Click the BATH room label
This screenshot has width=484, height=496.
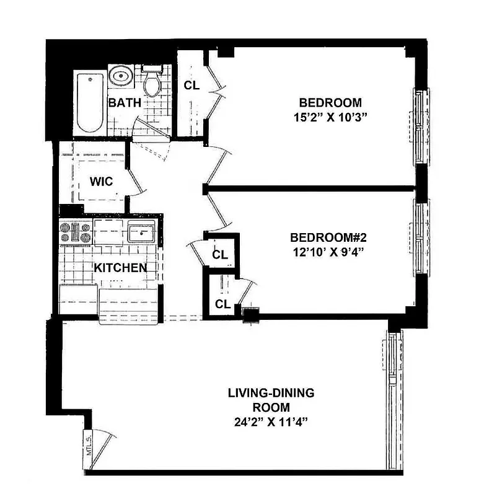point(125,102)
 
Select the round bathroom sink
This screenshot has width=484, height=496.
point(120,76)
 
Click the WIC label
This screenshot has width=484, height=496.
point(100,182)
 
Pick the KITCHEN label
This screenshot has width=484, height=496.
point(120,268)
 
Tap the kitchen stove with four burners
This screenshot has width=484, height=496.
point(75,232)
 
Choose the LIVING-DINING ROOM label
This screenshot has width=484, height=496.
point(271,400)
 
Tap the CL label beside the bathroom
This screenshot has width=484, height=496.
point(191,86)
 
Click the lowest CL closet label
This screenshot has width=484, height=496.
point(222,304)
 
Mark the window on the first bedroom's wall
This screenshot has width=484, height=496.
point(421,126)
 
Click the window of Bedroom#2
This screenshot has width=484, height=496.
point(421,237)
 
